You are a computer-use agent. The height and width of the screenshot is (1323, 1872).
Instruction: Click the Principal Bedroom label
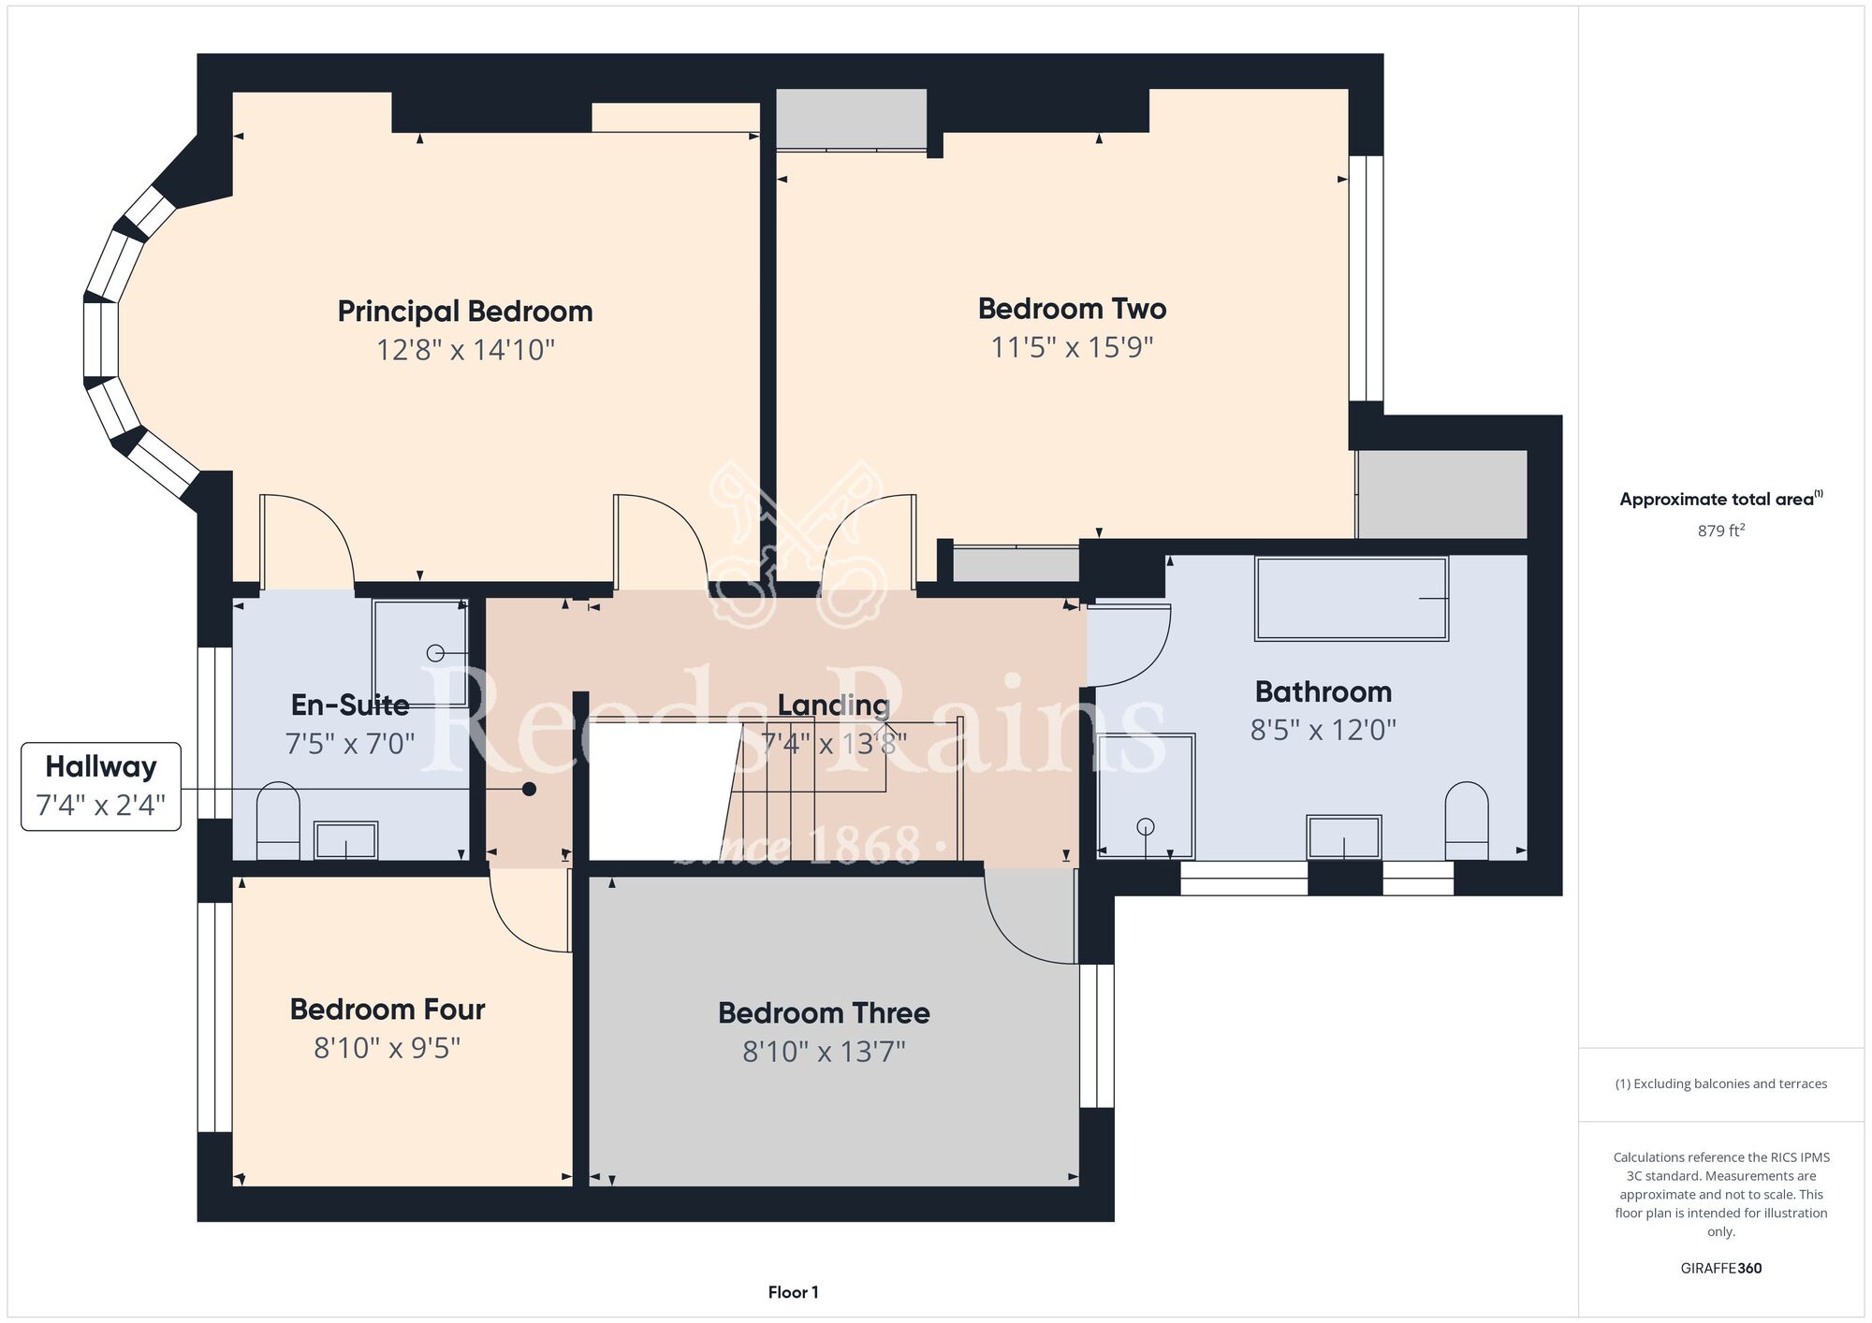coord(465,311)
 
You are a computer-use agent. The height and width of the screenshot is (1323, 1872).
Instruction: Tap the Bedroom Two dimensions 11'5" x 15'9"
coord(1072,347)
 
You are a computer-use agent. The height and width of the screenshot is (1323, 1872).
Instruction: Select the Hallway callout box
coord(101,787)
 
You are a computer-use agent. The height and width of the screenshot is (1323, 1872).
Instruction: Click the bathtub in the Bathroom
coord(1352,599)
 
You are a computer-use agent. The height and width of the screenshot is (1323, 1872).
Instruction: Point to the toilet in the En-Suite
coord(278,821)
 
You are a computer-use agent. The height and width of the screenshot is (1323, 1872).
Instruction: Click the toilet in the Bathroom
coord(1467,821)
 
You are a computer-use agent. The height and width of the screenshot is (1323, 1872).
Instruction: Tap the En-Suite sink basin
coord(345,840)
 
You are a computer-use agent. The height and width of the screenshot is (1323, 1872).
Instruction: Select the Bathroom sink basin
coord(1344,836)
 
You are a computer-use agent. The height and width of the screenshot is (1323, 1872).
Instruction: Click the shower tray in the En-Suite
coord(420,653)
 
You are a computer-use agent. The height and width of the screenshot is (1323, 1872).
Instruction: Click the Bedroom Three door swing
coord(1031,916)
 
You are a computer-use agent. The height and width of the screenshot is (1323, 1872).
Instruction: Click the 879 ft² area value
coord(1721,531)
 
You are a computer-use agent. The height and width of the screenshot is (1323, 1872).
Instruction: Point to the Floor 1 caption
coord(793,1292)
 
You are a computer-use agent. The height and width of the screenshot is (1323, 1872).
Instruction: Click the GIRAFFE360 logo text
coord(1721,1269)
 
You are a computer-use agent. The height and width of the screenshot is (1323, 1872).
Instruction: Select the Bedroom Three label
coord(824,1012)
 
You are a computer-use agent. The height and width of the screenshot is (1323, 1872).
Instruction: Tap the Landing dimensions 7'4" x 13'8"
coord(834,744)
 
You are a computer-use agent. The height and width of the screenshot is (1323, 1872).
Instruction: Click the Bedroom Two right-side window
coord(1367,278)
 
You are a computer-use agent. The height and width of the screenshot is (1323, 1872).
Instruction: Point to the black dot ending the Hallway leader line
coord(529,789)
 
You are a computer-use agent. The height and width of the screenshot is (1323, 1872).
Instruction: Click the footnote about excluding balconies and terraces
coord(1721,1083)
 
